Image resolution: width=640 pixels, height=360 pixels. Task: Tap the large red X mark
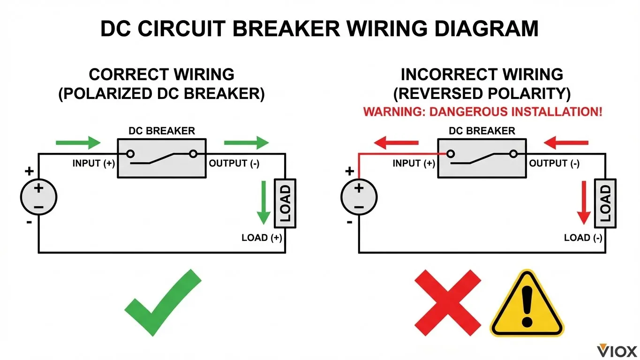coord(448,302)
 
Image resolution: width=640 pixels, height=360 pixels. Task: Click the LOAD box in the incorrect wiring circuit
coord(605,203)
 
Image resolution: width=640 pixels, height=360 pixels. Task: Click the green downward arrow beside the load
coord(264,202)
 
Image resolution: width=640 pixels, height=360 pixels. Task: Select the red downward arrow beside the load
coord(584,202)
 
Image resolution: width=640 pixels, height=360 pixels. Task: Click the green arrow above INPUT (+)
coord(78,142)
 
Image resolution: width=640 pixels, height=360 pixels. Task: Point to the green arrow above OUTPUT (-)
coord(247,142)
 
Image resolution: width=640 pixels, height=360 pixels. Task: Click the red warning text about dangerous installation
coord(482,112)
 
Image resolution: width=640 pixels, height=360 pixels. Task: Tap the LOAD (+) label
coord(262,238)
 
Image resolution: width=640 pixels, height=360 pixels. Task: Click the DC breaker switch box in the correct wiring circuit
coord(161,158)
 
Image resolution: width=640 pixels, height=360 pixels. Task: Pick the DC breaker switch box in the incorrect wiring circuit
coord(482,158)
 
